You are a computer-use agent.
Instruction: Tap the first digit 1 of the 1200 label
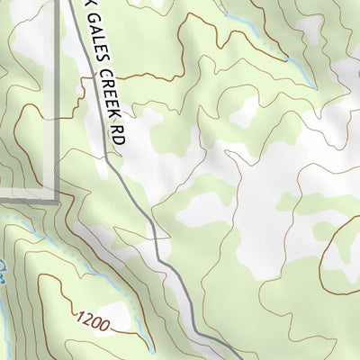(x=80, y=314)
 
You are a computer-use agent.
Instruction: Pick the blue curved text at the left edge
(x=4, y=270)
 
